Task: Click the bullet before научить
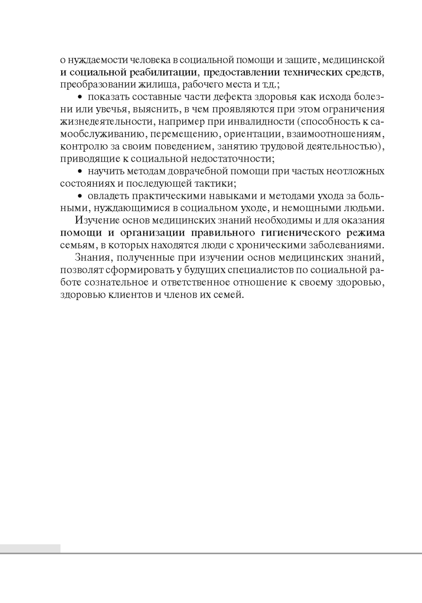[80, 172]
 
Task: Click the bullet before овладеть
[80, 197]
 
